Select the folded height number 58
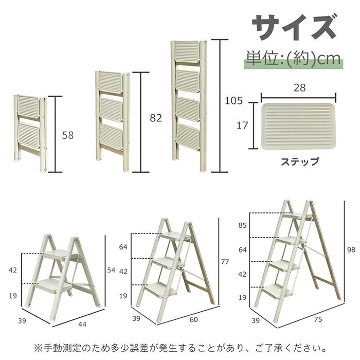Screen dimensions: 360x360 [x=68, y=136]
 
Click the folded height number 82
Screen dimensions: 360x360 [x=156, y=118]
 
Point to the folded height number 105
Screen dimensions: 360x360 [x=233, y=101]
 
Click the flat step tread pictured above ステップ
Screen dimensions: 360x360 [x=298, y=126]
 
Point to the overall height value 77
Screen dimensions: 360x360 [x=225, y=262]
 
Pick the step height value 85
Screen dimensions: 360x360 [x=243, y=225]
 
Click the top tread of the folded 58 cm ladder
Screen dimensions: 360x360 [x=28, y=106]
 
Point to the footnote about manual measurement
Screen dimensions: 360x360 [x=180, y=347]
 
